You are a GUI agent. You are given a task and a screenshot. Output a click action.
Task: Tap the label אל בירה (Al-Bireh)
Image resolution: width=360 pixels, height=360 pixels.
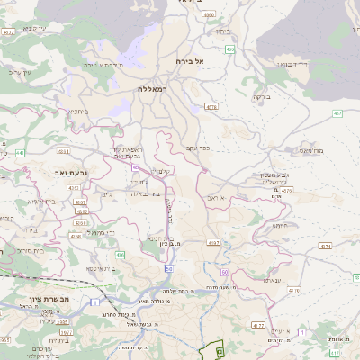tap(191, 61)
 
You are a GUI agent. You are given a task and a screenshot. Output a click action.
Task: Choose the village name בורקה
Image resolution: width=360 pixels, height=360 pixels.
tap(261, 96)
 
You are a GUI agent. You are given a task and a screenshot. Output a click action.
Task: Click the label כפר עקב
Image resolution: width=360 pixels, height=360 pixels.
tap(198, 147)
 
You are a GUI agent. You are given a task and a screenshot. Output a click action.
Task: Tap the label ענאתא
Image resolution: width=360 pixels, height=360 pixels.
tap(274, 281)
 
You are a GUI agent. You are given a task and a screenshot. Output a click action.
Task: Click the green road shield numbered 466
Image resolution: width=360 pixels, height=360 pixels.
tap(230, 49)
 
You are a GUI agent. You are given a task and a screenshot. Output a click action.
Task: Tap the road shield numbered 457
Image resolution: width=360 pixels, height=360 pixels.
tap(337, 113)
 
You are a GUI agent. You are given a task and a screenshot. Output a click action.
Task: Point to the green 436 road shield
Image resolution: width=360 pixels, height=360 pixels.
tap(119, 256)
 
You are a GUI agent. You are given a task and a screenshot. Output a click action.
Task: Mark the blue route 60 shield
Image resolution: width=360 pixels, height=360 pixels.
tap(168, 268)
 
